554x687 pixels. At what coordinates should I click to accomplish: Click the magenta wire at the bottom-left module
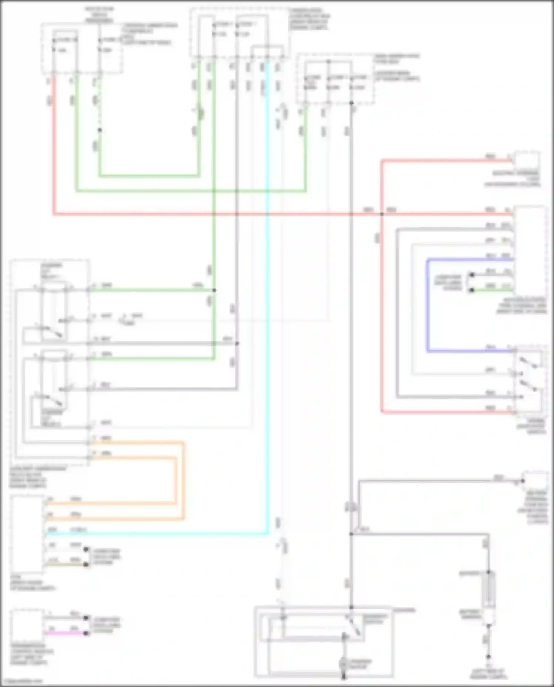click(65, 633)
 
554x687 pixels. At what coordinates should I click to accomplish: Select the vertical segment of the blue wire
click(427, 305)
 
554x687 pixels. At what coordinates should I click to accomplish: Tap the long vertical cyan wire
click(267, 295)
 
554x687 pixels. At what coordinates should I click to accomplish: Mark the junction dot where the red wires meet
click(382, 214)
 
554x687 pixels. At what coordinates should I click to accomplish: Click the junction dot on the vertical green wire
click(214, 290)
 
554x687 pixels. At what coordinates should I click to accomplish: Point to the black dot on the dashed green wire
click(99, 130)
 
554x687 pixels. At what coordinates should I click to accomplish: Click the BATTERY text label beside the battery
click(469, 573)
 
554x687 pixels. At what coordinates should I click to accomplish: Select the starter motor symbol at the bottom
click(343, 664)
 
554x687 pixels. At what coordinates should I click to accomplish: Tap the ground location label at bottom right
click(488, 674)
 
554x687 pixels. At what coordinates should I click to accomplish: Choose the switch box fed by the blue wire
click(530, 382)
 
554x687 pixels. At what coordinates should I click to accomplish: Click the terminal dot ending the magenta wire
click(86, 633)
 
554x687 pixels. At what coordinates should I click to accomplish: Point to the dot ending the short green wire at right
click(472, 290)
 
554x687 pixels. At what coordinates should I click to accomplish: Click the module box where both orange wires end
click(27, 533)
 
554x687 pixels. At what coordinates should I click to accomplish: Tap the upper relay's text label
click(51, 271)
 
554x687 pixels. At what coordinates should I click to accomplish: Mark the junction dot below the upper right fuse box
click(351, 103)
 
